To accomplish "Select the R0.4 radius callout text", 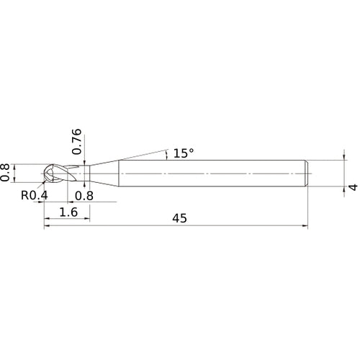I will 33,194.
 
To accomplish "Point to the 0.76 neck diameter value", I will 78,143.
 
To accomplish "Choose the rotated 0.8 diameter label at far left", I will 6,173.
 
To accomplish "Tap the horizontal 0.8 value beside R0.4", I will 84,194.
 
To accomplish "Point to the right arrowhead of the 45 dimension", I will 305,227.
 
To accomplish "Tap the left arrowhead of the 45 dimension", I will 48,227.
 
